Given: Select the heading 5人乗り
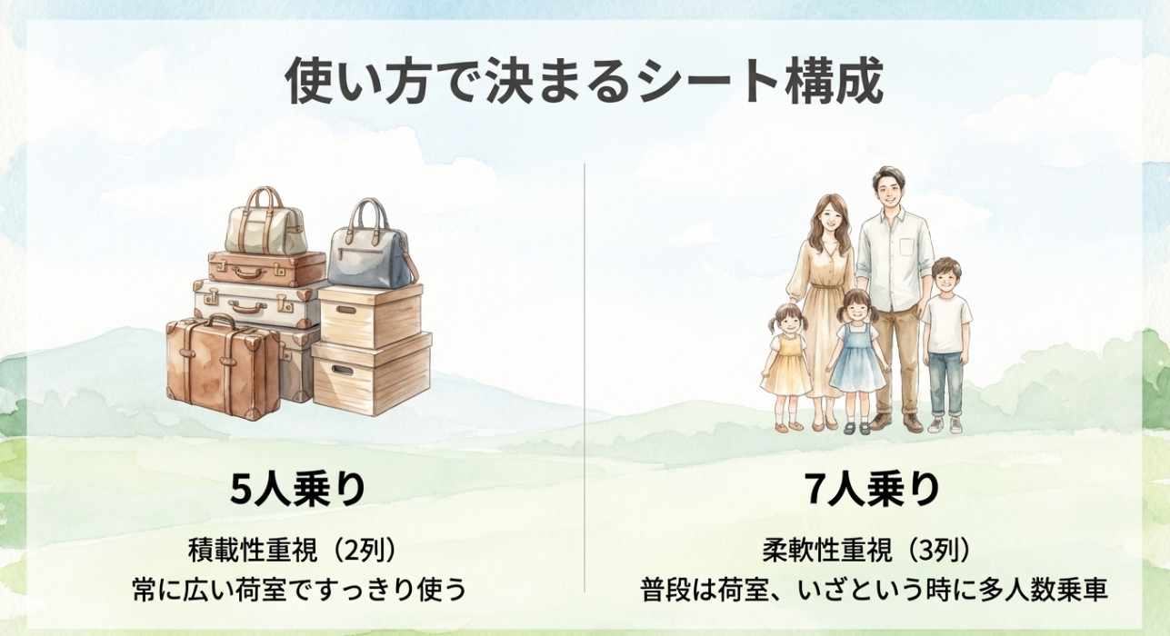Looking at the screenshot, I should pyautogui.click(x=298, y=490).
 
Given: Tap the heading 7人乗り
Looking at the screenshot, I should pyautogui.click(x=872, y=490).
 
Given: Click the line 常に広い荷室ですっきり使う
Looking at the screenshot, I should pyautogui.click(x=298, y=590).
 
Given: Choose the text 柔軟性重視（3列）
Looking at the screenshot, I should pyautogui.click(x=872, y=550).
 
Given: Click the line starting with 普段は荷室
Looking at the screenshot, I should pyautogui.click(x=872, y=590).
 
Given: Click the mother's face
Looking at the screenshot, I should pyautogui.click(x=830, y=218).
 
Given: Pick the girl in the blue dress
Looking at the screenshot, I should pyautogui.click(x=856, y=350).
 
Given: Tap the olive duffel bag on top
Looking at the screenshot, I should pyautogui.click(x=265, y=227).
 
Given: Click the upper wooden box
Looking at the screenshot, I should pyautogui.click(x=370, y=313).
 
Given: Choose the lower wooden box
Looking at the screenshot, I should pyautogui.click(x=371, y=373).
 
